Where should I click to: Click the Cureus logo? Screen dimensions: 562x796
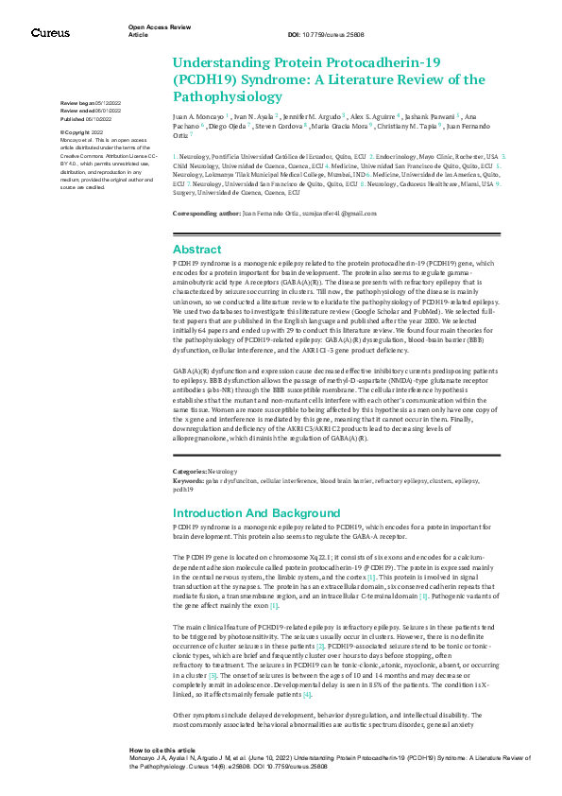click(50, 33)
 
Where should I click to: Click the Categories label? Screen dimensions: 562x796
click(189, 470)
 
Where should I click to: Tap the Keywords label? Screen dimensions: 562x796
click(189, 479)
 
